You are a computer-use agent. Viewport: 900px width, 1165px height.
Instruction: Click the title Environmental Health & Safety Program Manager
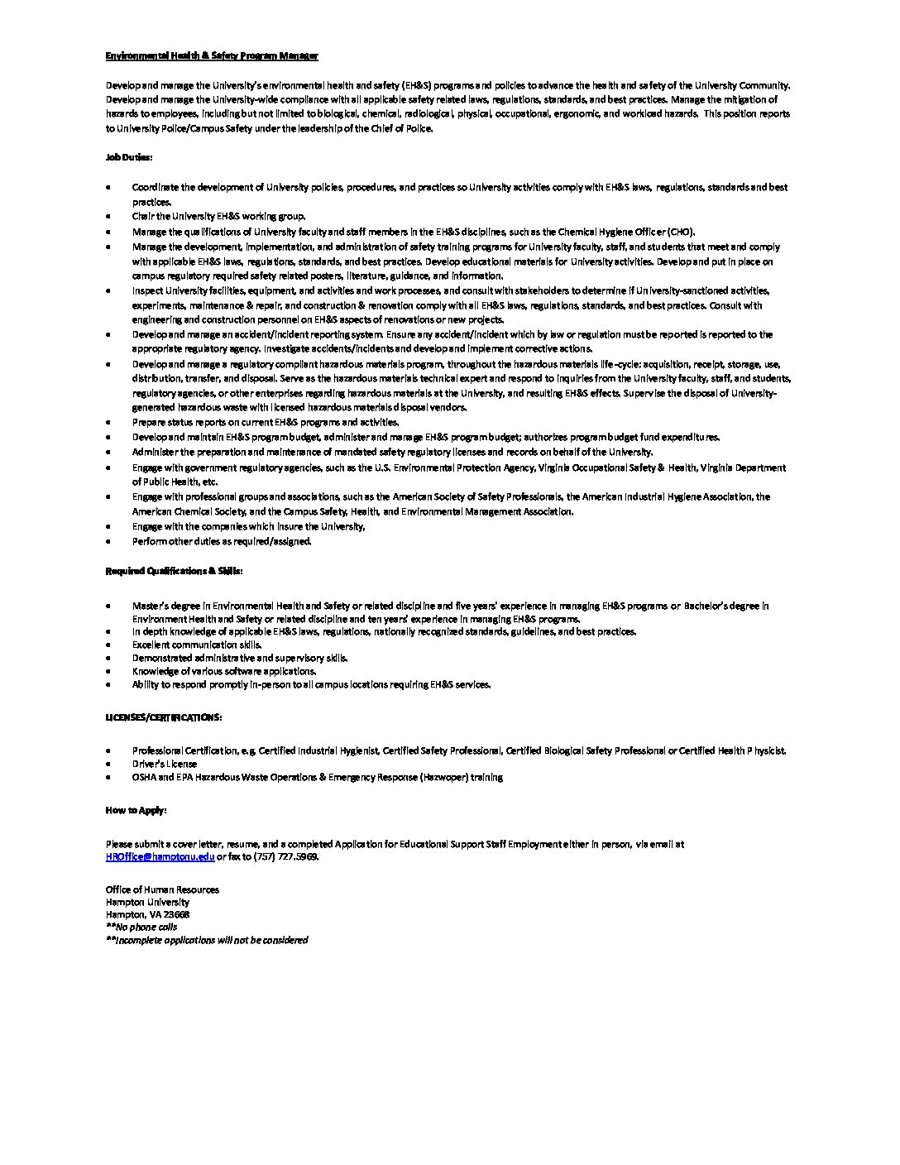click(212, 55)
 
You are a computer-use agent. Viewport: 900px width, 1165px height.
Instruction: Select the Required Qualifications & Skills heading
click(174, 571)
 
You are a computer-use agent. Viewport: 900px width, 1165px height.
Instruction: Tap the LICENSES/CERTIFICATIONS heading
click(163, 717)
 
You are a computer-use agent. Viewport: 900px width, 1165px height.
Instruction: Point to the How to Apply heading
click(136, 810)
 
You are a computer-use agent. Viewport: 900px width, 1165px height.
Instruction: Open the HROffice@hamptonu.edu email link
click(160, 857)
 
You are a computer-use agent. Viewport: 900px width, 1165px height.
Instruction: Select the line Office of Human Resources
click(162, 889)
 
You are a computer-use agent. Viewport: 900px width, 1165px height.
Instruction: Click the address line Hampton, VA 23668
click(147, 914)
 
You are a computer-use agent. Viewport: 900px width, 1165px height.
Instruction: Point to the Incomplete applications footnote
click(207, 940)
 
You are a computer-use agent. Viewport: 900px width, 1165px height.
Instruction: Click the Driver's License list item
click(165, 764)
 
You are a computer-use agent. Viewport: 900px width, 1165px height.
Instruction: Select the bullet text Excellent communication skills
click(197, 645)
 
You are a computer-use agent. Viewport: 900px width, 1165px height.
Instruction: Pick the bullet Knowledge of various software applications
click(223, 671)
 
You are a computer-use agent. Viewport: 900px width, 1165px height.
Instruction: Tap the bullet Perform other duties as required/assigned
click(222, 541)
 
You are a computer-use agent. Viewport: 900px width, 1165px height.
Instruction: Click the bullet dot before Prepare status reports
click(108, 423)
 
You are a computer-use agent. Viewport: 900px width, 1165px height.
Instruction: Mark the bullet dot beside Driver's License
click(108, 764)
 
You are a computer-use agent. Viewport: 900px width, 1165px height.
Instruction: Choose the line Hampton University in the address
click(147, 902)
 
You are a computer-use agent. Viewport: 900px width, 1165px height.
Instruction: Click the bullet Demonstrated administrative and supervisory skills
click(240, 658)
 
